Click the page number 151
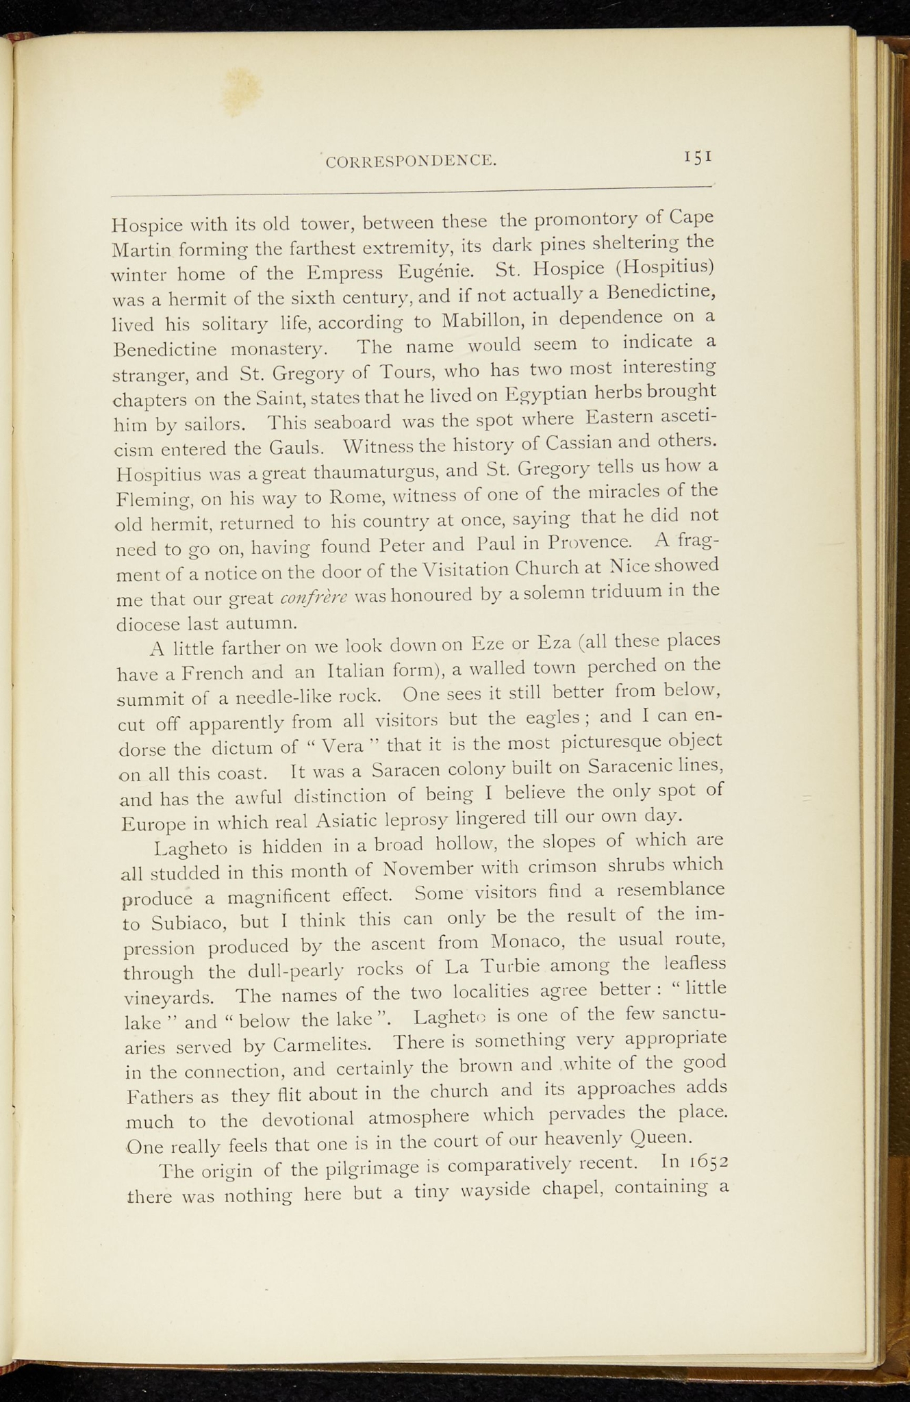click(698, 157)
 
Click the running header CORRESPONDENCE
click(411, 162)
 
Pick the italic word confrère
click(314, 598)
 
